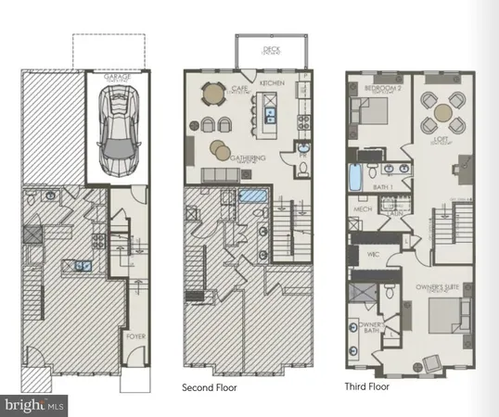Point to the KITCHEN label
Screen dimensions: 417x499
[271, 83]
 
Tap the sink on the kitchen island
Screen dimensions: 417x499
[270, 116]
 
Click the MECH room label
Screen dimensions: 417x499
[363, 210]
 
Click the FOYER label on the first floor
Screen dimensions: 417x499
[135, 336]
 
